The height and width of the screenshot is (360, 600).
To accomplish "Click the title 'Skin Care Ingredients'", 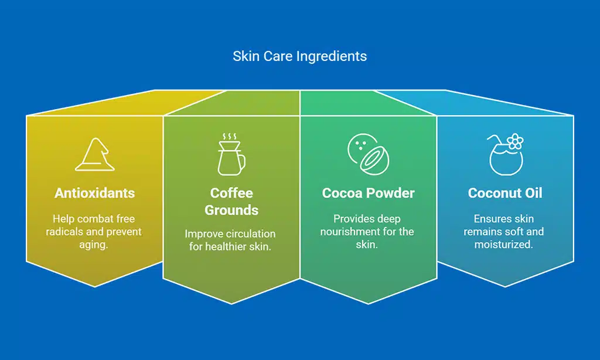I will (299, 56).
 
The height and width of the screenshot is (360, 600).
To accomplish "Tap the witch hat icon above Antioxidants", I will (94, 155).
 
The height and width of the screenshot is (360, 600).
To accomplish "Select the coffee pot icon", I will (230, 155).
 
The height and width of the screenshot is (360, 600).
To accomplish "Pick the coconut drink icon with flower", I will (504, 155).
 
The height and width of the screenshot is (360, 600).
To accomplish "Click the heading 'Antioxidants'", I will (94, 193).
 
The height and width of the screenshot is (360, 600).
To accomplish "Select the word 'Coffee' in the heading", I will (231, 193).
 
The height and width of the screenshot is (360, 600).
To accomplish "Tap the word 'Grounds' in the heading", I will (231, 210).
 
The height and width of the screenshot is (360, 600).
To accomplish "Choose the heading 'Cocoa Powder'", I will (368, 193).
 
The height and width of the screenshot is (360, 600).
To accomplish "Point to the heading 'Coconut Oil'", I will (504, 193).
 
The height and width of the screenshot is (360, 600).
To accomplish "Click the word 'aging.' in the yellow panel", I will (94, 244).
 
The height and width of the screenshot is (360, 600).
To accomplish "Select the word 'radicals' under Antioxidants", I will (65, 232).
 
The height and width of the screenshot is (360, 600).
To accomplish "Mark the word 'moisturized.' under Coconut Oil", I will (504, 244).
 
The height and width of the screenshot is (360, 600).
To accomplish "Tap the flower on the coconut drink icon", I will (515, 141).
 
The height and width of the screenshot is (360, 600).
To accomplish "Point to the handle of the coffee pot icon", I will (242, 161).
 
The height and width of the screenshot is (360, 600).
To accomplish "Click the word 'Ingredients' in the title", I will (333, 56).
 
